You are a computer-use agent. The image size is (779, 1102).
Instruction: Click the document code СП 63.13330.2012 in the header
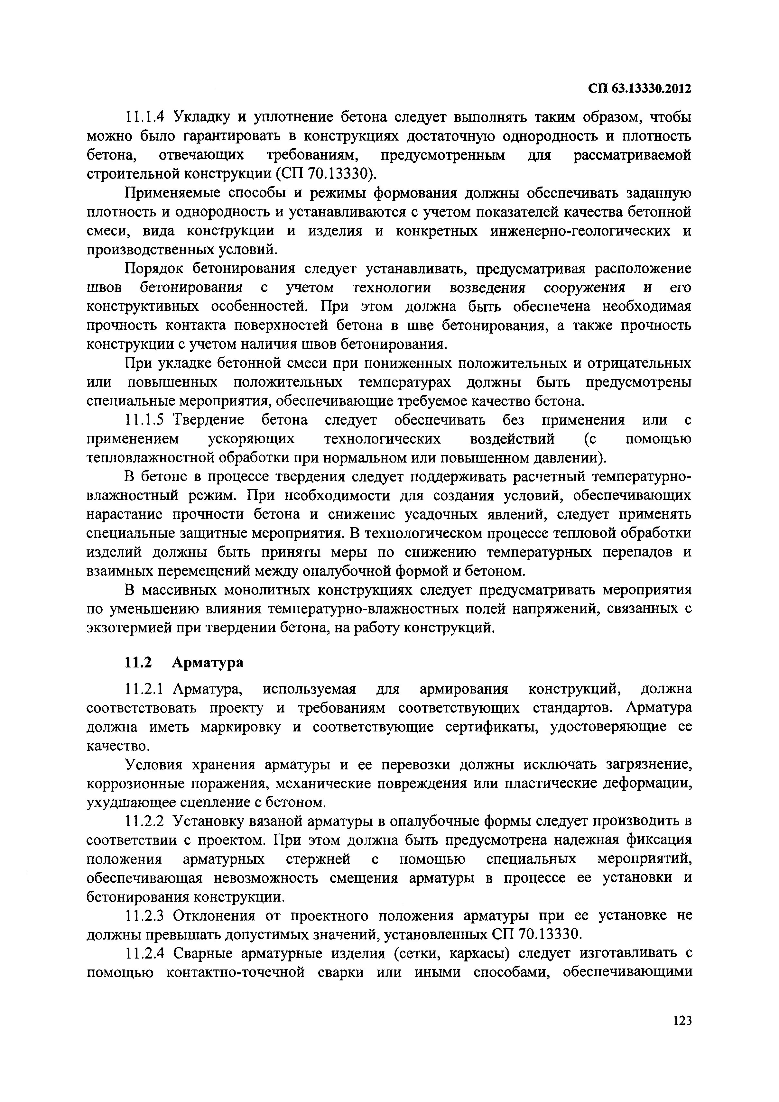(x=639, y=89)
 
